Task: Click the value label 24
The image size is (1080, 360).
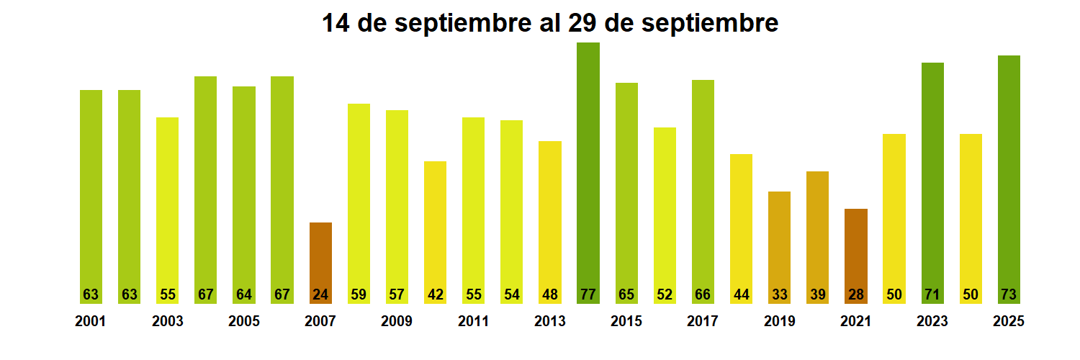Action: click(x=320, y=294)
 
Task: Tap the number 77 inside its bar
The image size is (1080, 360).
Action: click(x=588, y=294)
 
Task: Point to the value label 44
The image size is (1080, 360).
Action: click(x=741, y=294)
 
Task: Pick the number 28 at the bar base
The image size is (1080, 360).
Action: click(x=856, y=294)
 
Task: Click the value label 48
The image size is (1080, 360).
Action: click(x=550, y=294)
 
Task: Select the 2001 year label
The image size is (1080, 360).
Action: click(x=90, y=322)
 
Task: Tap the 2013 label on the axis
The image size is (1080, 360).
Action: click(x=550, y=322)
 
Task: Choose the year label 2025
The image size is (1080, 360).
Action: click(x=1009, y=322)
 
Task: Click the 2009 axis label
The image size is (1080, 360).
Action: click(x=397, y=322)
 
